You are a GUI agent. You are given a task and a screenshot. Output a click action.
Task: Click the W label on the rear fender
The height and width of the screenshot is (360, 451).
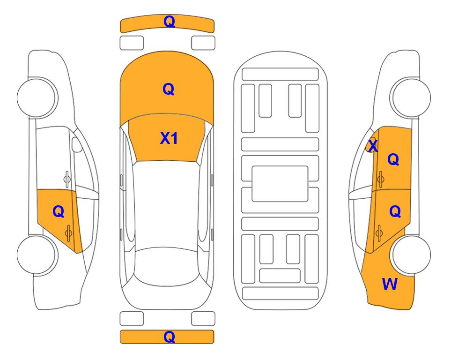click(x=390, y=284)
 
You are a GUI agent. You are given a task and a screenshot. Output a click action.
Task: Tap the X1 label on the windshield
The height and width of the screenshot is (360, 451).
click(x=169, y=138)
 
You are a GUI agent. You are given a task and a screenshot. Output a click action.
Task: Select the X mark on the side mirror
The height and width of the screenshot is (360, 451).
click(x=373, y=146)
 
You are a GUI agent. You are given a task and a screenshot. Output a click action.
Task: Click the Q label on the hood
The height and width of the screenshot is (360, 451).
click(x=169, y=89)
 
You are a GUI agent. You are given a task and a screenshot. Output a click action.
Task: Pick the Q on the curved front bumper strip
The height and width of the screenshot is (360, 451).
click(x=170, y=22)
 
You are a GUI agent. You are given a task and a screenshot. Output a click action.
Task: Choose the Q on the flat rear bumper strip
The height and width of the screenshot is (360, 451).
click(x=170, y=337)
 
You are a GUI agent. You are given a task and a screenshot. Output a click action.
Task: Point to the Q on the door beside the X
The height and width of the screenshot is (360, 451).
click(x=393, y=159)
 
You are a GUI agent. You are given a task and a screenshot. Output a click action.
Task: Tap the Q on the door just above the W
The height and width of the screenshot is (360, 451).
click(x=395, y=212)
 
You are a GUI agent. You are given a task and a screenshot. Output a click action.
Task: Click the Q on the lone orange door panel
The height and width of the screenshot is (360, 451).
click(x=59, y=212)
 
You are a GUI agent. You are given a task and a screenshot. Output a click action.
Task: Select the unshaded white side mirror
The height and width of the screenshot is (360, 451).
click(x=77, y=144)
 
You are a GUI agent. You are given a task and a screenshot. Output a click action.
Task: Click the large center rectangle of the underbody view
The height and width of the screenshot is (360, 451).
click(x=280, y=184)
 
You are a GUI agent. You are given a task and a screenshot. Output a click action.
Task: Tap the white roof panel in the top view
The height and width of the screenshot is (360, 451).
click(x=166, y=204)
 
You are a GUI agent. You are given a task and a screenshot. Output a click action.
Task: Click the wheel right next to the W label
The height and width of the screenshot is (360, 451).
click(x=411, y=255)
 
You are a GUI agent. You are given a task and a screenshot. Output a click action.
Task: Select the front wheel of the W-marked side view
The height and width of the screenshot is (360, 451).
click(x=411, y=97)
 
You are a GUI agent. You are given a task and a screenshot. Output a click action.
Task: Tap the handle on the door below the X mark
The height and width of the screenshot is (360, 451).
click(x=380, y=179)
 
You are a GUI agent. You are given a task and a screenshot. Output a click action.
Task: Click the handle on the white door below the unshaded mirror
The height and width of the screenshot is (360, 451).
click(x=67, y=179)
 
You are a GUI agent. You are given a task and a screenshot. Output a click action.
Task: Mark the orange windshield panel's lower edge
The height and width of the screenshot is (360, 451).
click(x=166, y=161)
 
